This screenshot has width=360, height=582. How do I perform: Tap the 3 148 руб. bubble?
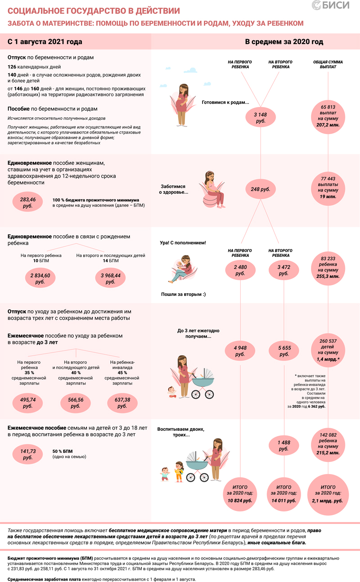[260, 118]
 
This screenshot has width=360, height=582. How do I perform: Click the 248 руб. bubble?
[260, 189]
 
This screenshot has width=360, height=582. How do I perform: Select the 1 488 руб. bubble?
[283, 445]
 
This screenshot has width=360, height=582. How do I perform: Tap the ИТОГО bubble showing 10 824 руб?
[240, 493]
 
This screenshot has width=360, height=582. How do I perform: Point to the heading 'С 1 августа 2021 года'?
[45, 42]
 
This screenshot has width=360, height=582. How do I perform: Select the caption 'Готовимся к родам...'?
[225, 102]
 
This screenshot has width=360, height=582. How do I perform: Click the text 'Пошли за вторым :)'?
[183, 295]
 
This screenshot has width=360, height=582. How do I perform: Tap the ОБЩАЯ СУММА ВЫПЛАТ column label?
[328, 63]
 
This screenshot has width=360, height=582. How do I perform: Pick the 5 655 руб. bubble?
[283, 351]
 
